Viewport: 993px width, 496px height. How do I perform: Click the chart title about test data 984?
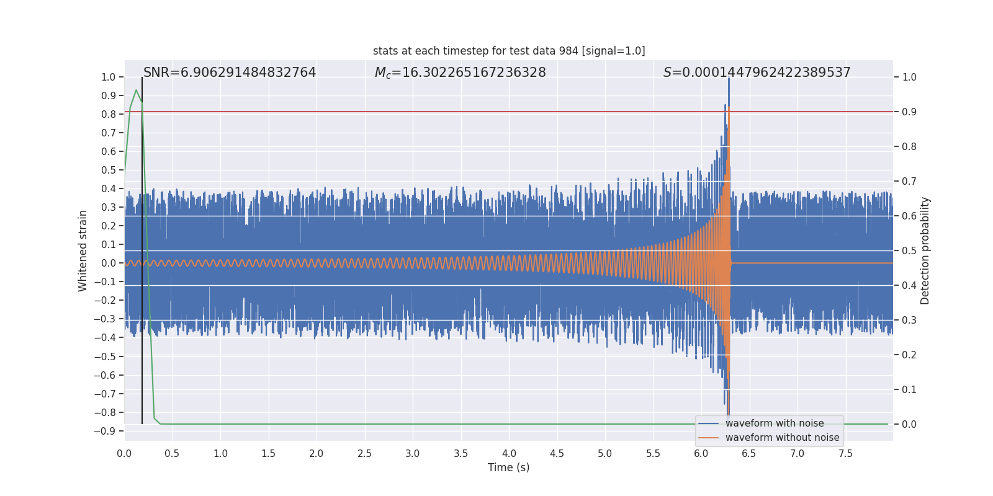[x=509, y=51]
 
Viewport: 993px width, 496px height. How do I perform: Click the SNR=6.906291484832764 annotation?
[x=230, y=73]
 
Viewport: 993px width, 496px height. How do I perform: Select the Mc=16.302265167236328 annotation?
[x=460, y=73]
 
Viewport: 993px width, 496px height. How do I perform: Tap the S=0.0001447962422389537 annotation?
[x=757, y=73]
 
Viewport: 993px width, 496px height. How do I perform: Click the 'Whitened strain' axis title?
[x=83, y=250]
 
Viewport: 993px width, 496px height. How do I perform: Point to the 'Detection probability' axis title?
[x=925, y=250]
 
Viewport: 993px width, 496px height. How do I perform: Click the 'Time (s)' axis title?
[x=508, y=467]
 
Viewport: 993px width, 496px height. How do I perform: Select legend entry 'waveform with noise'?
[x=774, y=423]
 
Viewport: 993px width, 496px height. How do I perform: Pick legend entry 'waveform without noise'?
[x=782, y=438]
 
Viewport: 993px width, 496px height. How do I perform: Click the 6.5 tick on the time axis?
[x=749, y=454]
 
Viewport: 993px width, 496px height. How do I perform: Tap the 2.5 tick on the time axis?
[x=364, y=454]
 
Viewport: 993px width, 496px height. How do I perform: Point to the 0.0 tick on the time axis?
[x=124, y=454]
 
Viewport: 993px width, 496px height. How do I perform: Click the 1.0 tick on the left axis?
[x=108, y=77]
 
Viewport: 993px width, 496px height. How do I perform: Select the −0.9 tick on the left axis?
[x=105, y=431]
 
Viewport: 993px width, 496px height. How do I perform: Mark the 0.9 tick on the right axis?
[x=909, y=112]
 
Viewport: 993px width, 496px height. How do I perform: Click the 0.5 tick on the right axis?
[x=909, y=251]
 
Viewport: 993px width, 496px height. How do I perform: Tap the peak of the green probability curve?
[x=136, y=91]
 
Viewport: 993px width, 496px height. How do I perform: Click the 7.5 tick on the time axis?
[x=845, y=454]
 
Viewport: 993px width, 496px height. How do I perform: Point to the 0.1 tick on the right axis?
[x=909, y=390]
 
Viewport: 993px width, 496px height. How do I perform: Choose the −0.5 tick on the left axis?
[x=105, y=356]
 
